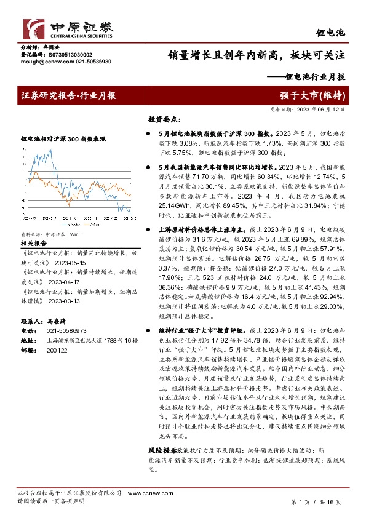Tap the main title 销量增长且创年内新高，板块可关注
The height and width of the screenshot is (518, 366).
pyautogui.click(x=257, y=55)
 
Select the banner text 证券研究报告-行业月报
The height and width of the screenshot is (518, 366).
pyautogui.click(x=68, y=95)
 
